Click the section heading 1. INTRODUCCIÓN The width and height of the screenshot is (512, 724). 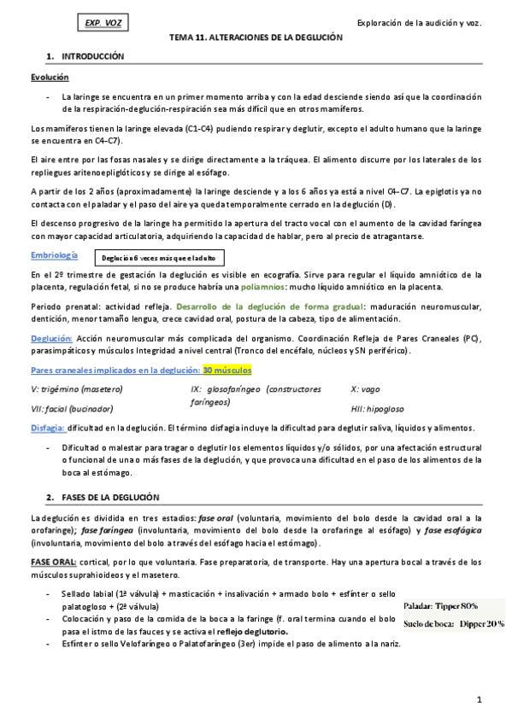point(86,56)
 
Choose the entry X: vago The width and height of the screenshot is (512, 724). point(367,389)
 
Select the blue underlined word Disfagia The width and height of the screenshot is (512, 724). point(46,428)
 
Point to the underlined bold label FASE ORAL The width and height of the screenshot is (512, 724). point(53,560)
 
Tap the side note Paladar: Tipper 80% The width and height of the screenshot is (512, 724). point(441,605)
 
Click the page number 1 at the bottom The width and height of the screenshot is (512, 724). point(480,700)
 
